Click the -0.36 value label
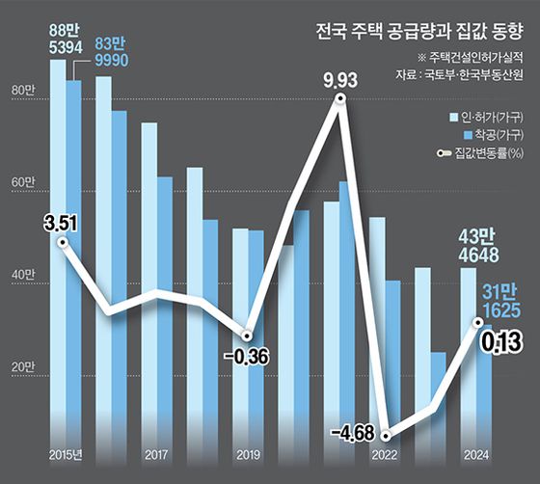click(249, 358)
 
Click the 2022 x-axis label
click(385, 453)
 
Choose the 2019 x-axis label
click(248, 453)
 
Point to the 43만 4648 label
click(475, 247)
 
